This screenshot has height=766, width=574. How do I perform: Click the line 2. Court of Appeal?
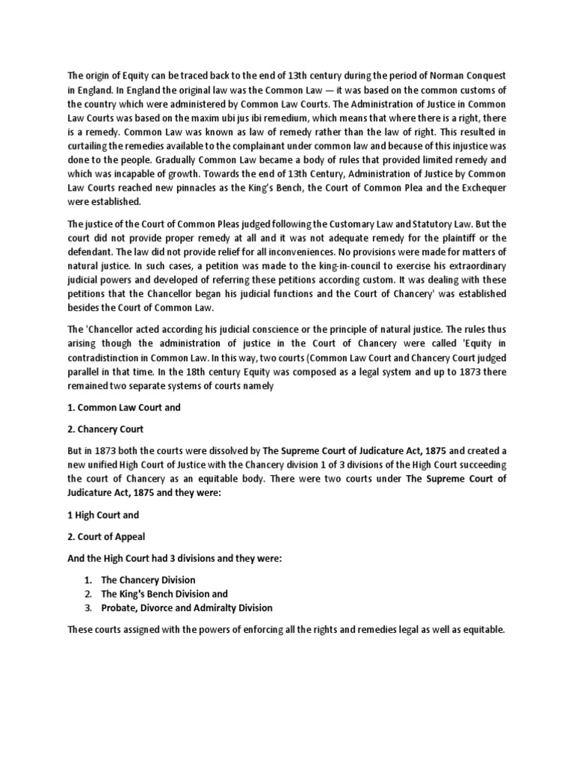tap(108, 536)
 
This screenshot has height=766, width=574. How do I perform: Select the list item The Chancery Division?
tap(148, 580)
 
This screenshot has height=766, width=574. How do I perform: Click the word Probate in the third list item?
tap(118, 608)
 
